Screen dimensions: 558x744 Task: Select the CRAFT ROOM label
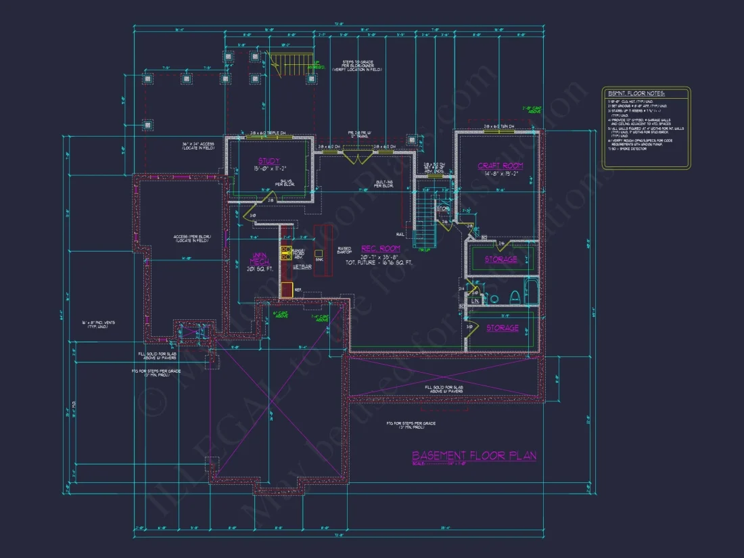(x=500, y=166)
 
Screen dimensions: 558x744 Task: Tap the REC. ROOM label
(x=381, y=248)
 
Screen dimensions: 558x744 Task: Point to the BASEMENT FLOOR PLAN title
(x=474, y=455)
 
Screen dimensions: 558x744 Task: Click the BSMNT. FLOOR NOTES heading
(x=635, y=93)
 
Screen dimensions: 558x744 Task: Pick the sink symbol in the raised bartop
(x=319, y=253)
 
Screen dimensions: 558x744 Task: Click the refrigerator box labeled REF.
(x=286, y=289)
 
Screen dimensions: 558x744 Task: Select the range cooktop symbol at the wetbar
(x=287, y=254)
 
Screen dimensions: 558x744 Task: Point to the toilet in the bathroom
(x=514, y=296)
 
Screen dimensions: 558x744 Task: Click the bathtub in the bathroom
(x=531, y=292)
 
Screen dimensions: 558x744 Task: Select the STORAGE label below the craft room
(x=501, y=259)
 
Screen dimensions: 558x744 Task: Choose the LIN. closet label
(x=475, y=300)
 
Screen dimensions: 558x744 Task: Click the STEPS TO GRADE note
(x=357, y=65)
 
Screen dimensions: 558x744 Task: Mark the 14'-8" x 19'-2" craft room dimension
(x=500, y=174)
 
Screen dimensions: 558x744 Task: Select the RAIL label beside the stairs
(x=400, y=234)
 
